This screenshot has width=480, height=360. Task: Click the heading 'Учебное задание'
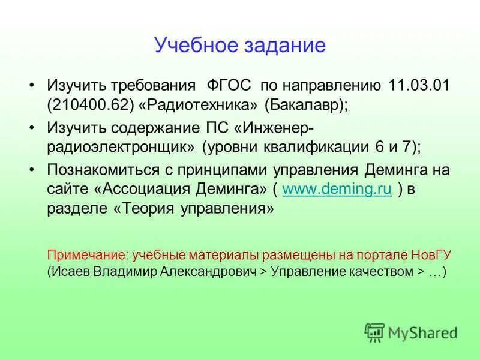coord(239,46)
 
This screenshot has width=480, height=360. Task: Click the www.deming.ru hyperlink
coord(337,190)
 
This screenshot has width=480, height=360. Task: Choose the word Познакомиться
coord(97,169)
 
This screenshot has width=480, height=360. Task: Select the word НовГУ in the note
coord(433,254)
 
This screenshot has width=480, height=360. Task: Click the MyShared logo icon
coord(374,332)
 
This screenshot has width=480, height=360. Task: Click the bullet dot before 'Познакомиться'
coord(34,169)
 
